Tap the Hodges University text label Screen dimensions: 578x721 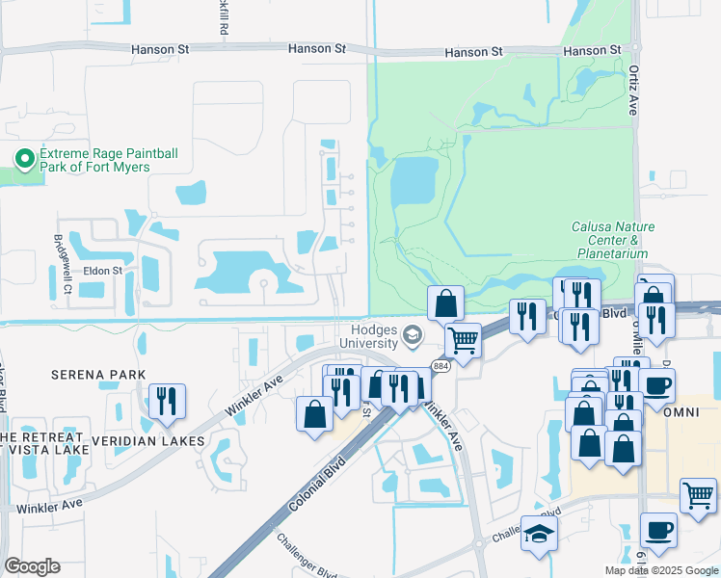(367, 336)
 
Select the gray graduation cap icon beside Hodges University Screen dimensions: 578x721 (413, 335)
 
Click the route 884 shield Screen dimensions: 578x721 (441, 367)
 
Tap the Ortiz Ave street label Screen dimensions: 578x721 (633, 89)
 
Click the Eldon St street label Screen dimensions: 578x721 (102, 271)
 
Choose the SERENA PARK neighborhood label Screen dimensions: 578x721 (99, 375)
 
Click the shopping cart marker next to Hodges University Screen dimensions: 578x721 (464, 340)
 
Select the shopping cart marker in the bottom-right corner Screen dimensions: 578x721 (698, 496)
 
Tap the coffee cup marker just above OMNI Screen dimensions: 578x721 (656, 385)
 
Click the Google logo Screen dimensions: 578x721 (32, 566)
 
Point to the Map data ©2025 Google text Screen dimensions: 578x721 (660, 570)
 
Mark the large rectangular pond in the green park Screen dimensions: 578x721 (414, 181)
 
